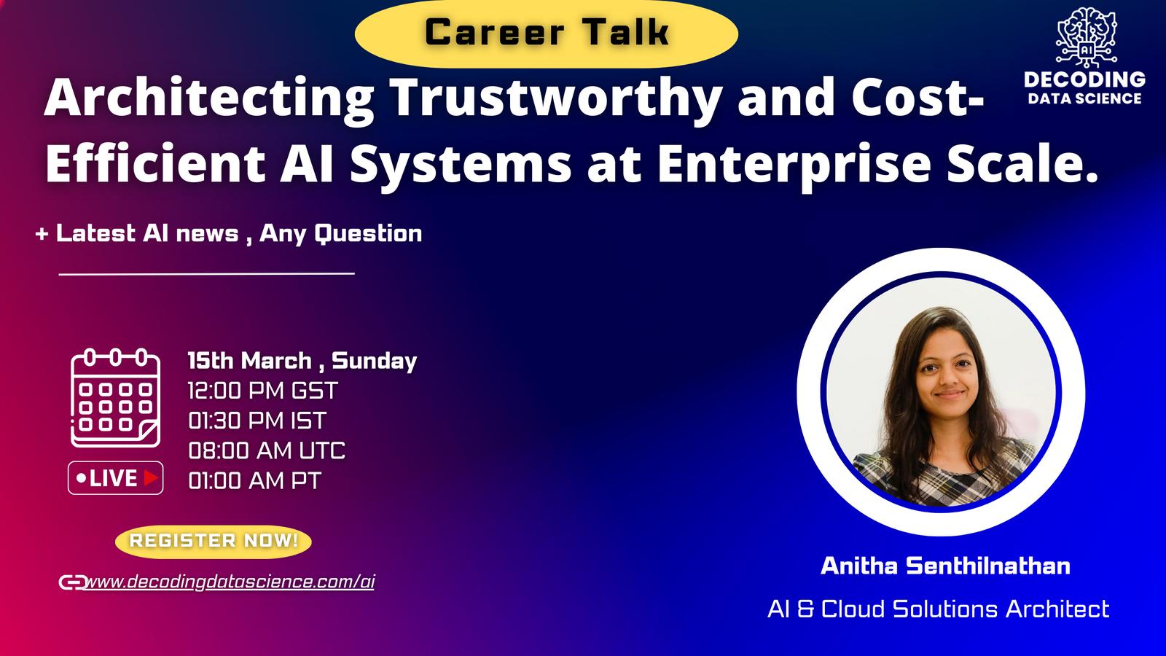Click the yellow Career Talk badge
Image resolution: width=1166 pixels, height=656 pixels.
[x=546, y=34]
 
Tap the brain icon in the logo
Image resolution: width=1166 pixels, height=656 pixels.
[x=1087, y=36]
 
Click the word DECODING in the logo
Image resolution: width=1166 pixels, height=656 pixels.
[x=1085, y=79]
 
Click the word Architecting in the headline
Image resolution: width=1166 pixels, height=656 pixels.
[x=208, y=99]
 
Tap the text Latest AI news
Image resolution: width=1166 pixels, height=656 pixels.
[x=146, y=233]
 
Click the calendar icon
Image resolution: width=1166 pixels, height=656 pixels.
[x=115, y=397]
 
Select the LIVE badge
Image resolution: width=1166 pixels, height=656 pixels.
[x=116, y=478]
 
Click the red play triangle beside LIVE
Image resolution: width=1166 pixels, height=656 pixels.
[x=150, y=478]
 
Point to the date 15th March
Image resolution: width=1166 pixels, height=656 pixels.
[x=249, y=360]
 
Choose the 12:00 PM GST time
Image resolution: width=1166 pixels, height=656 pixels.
[x=263, y=391]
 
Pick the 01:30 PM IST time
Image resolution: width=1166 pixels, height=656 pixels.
[x=257, y=421]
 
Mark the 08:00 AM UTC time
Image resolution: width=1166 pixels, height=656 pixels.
[x=267, y=450]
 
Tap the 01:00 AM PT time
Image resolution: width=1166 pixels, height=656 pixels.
[x=254, y=480]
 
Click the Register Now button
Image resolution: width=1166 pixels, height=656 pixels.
[x=214, y=541]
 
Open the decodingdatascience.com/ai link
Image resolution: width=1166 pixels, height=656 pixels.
[x=230, y=582]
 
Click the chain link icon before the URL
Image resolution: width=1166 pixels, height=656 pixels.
[x=72, y=582]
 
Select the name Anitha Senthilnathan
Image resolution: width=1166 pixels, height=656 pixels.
[x=945, y=566]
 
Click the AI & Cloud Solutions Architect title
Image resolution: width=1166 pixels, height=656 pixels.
[x=939, y=609]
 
